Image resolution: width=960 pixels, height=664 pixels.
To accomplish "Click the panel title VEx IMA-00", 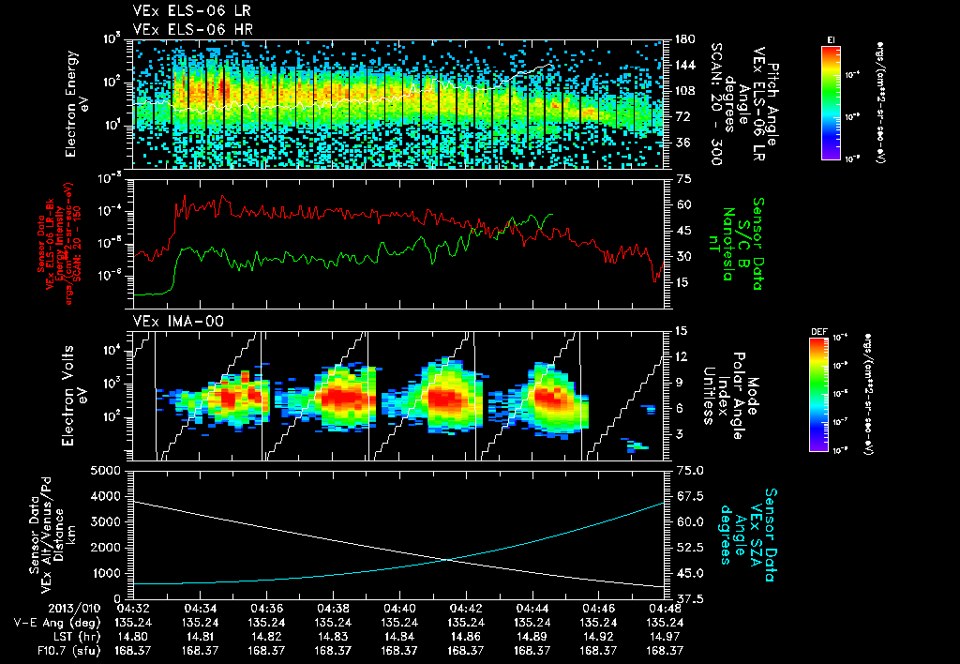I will click(x=166, y=321).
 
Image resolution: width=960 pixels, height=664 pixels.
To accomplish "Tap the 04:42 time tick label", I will click(x=466, y=607).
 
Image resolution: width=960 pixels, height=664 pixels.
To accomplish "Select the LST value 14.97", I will click(x=665, y=636).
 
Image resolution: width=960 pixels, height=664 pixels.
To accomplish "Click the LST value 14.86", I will click(x=466, y=636).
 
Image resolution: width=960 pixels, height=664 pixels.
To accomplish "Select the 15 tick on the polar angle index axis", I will click(x=680, y=330).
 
